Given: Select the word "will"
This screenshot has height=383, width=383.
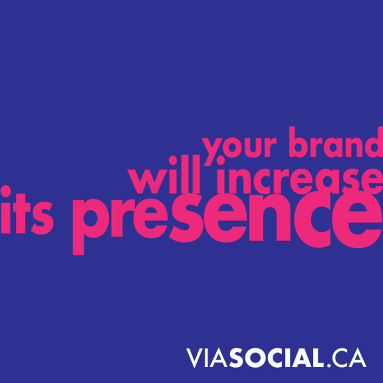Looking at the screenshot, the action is pos(164,175).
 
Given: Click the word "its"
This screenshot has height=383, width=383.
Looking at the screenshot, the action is pos(27,209).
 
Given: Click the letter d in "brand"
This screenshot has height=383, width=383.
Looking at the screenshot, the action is pos(373,142).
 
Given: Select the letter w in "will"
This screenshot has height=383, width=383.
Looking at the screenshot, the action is pos(147,181).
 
